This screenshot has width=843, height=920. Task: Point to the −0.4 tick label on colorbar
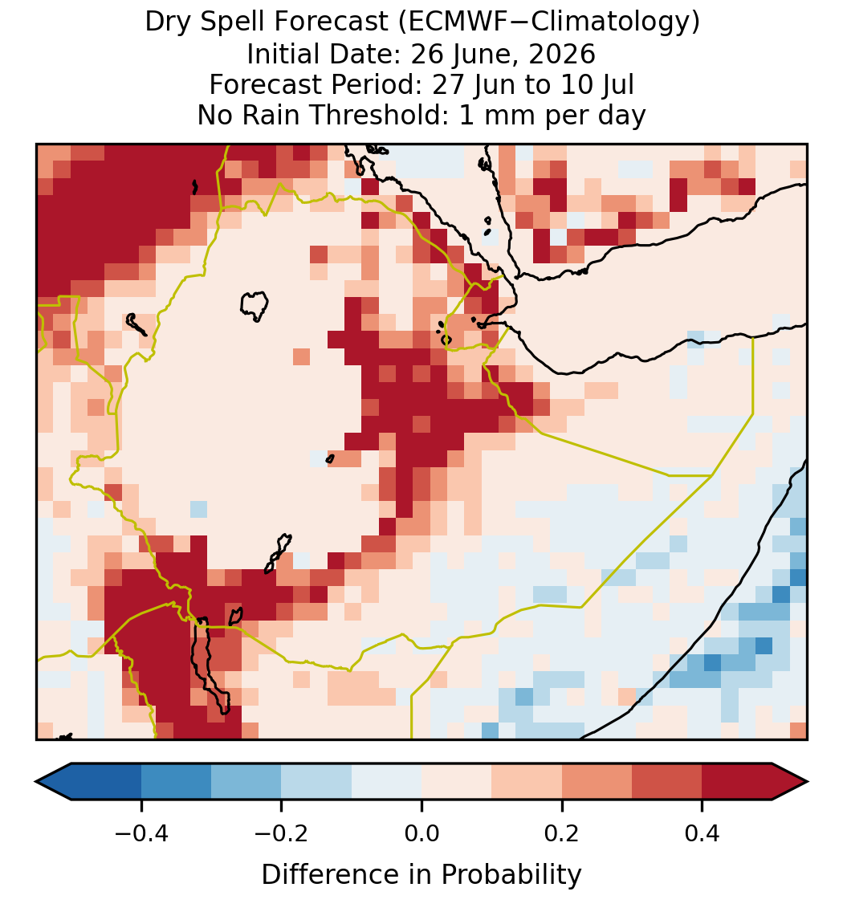[x=141, y=832]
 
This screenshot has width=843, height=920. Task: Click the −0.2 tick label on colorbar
[x=282, y=832]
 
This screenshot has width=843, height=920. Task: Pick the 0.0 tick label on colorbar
[x=421, y=832]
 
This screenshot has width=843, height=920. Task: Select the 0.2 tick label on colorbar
[x=562, y=832]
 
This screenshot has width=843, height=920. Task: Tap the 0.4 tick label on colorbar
[x=702, y=832]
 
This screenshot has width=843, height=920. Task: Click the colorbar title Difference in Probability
[x=421, y=875]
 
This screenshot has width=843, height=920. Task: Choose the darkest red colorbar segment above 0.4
[x=737, y=782]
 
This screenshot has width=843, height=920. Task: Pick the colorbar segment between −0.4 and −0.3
[x=176, y=782]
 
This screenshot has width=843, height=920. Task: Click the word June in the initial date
[x=476, y=54]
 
